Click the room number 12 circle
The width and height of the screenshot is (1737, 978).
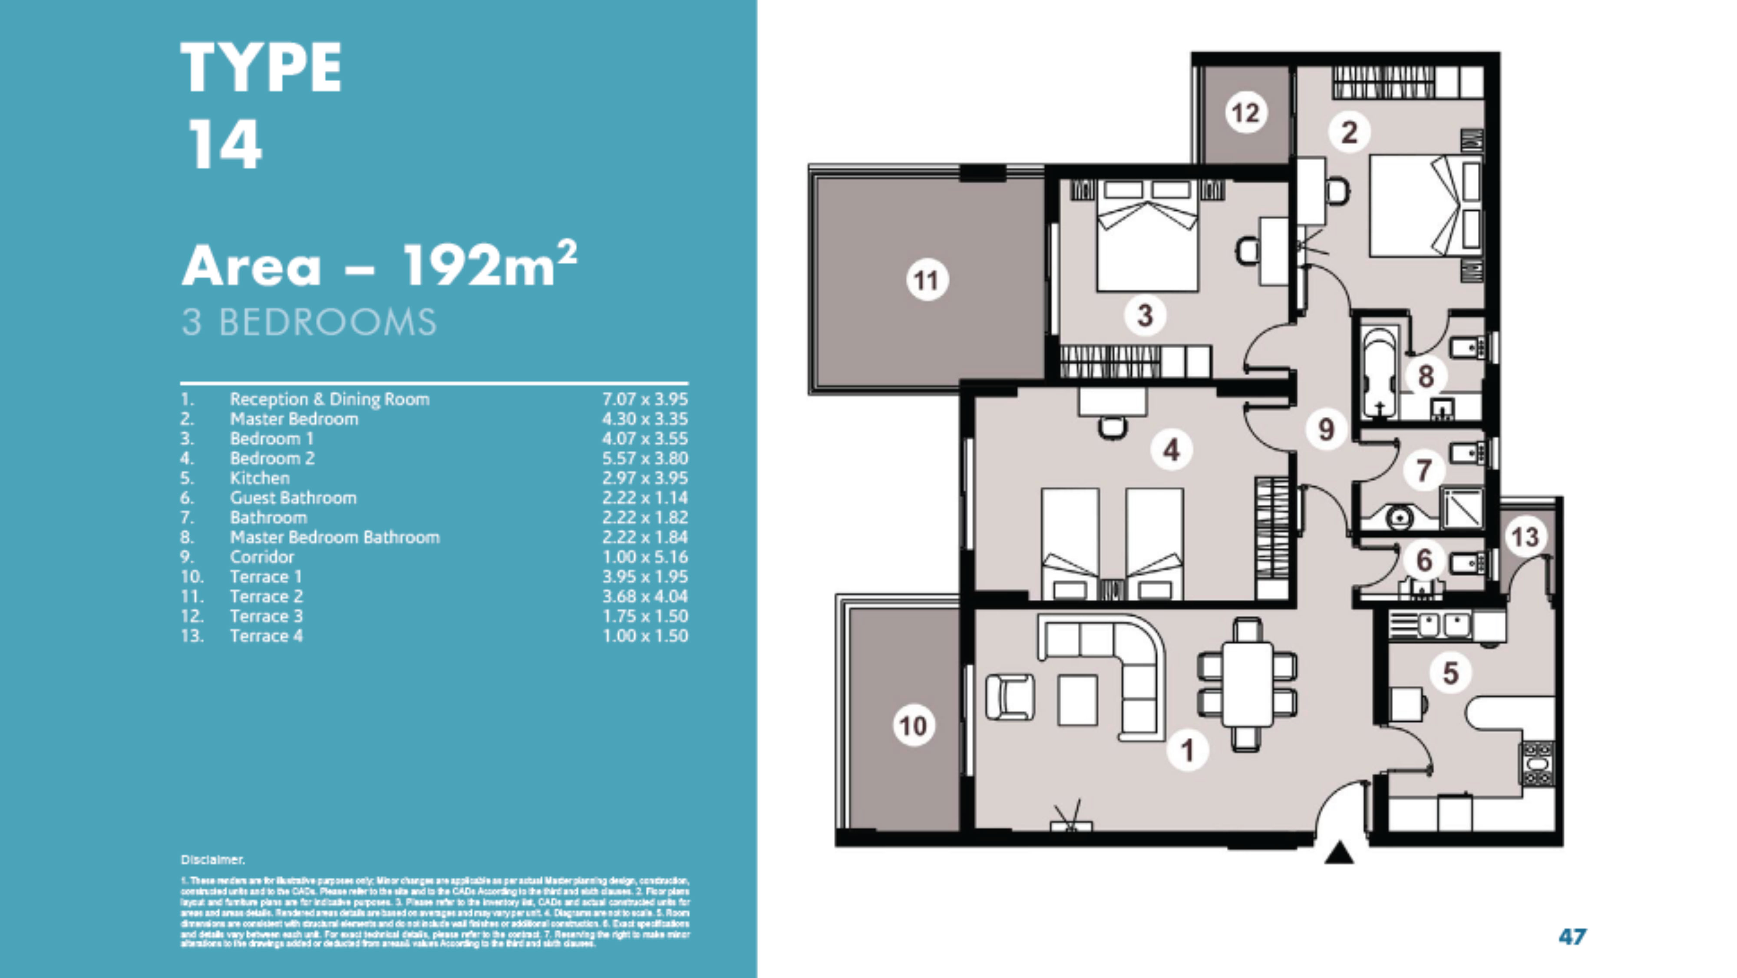pyautogui.click(x=1245, y=112)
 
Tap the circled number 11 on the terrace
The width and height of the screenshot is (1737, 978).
pyautogui.click(x=927, y=280)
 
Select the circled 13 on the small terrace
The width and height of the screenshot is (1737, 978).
pyautogui.click(x=1525, y=537)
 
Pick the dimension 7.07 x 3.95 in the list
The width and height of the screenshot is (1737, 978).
pyautogui.click(x=644, y=399)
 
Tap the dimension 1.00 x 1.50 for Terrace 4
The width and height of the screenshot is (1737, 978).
pyautogui.click(x=644, y=636)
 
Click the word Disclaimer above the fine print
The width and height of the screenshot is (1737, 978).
pyautogui.click(x=212, y=859)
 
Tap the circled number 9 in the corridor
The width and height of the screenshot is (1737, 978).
pyautogui.click(x=1326, y=429)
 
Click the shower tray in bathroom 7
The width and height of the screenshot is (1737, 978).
pyautogui.click(x=1461, y=508)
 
